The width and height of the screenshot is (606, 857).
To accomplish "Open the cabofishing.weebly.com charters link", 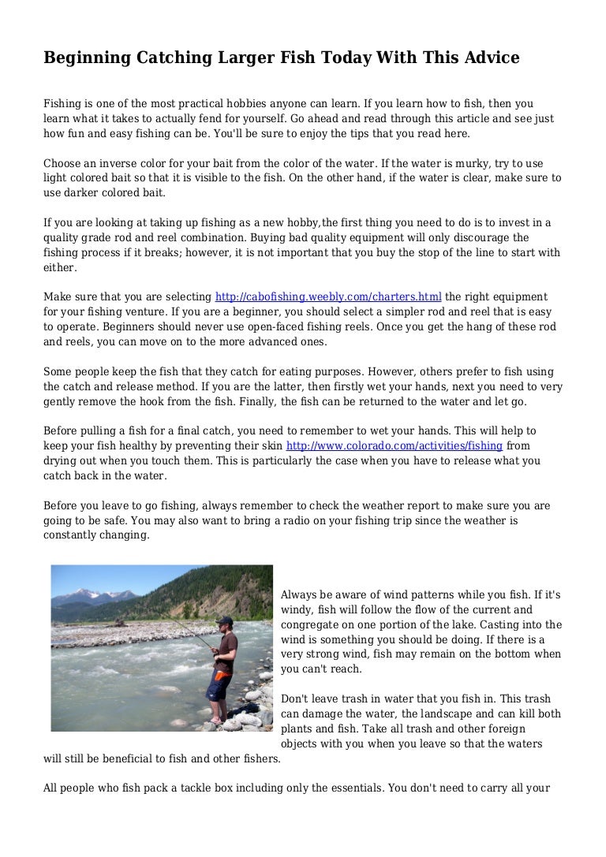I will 328,297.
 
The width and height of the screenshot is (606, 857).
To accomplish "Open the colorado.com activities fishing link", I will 394,445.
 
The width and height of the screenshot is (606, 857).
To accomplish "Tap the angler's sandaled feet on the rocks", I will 215,720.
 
